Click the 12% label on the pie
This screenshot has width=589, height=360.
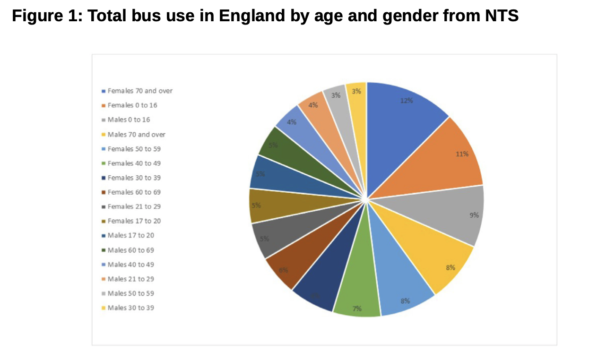click(x=407, y=101)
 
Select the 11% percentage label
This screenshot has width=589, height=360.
click(x=462, y=154)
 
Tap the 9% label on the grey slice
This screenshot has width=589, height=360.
click(x=474, y=215)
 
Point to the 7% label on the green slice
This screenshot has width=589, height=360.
click(x=357, y=309)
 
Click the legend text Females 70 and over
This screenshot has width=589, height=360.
click(x=140, y=91)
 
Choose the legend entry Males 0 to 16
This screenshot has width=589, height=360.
click(x=129, y=120)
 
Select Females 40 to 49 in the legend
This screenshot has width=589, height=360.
click(x=134, y=163)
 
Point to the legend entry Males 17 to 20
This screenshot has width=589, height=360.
click(x=130, y=235)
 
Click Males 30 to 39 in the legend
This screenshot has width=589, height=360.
click(x=130, y=308)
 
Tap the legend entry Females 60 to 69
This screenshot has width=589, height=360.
click(x=134, y=192)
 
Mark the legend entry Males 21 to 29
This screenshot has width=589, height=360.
click(x=130, y=279)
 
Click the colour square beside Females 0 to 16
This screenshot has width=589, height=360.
click(x=103, y=105)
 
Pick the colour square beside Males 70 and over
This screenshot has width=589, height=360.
click(x=103, y=135)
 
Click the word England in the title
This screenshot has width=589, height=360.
click(x=250, y=16)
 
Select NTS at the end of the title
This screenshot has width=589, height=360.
click(x=502, y=16)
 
